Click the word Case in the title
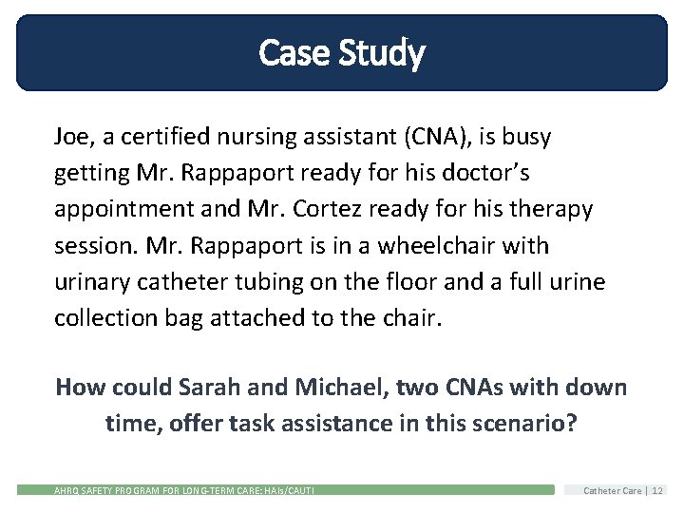tap(290, 52)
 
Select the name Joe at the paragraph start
tap(72, 137)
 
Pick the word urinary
tap(94, 281)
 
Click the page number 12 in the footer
tap(657, 490)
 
